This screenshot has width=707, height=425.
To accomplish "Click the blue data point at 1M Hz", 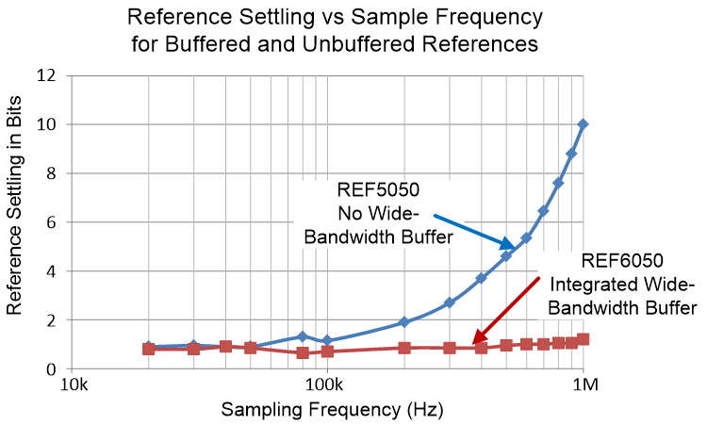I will pyautogui.click(x=584, y=124).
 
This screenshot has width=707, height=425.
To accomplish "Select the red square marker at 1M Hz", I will pyautogui.click(x=584, y=339).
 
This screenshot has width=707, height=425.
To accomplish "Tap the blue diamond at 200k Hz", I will pyautogui.click(x=404, y=322).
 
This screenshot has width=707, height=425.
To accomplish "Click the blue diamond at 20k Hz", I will pyautogui.click(x=149, y=347).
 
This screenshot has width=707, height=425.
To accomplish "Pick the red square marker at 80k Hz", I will pyautogui.click(x=303, y=352).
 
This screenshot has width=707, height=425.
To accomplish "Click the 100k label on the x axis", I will pyautogui.click(x=326, y=387).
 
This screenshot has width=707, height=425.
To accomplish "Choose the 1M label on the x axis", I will pyautogui.click(x=586, y=387).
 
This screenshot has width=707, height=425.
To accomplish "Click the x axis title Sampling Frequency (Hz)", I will pyautogui.click(x=331, y=411).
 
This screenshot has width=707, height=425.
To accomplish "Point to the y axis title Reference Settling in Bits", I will pyautogui.click(x=16, y=221).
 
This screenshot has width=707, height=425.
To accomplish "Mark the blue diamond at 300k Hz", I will pyautogui.click(x=450, y=302).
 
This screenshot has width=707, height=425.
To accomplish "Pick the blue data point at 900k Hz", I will pyautogui.click(x=571, y=154).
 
